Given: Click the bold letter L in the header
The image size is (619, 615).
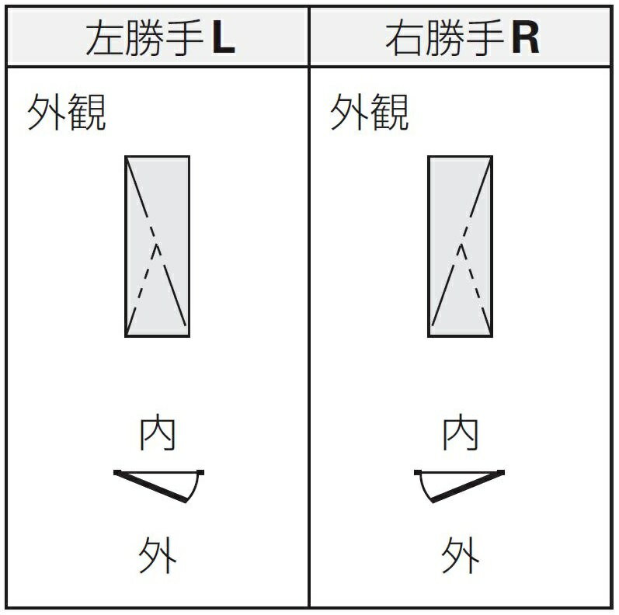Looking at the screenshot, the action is click(x=224, y=37).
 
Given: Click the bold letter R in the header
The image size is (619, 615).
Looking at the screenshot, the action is click(x=526, y=37).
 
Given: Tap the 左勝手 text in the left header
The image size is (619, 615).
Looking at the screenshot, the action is click(x=145, y=37).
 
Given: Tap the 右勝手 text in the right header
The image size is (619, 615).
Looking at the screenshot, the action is click(x=445, y=37).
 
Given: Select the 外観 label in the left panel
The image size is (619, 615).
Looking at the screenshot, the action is click(x=66, y=112).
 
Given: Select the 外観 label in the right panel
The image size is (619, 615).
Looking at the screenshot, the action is click(x=370, y=112).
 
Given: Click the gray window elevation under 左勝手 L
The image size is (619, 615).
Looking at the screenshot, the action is click(x=157, y=246).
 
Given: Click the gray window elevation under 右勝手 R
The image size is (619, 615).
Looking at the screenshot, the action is click(x=461, y=246).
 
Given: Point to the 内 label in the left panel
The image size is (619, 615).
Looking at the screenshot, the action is click(x=158, y=432).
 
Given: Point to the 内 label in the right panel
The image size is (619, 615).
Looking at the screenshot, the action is click(x=461, y=432).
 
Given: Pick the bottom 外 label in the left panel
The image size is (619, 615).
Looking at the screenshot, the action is click(x=158, y=554).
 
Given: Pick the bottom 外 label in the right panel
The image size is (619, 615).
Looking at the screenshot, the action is click(x=461, y=554).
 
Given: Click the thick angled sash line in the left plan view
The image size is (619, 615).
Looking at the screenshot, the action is click(x=151, y=487).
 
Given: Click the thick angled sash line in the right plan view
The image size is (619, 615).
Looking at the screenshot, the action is click(x=468, y=487).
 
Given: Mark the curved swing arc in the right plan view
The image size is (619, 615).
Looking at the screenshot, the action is click(x=423, y=489).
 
